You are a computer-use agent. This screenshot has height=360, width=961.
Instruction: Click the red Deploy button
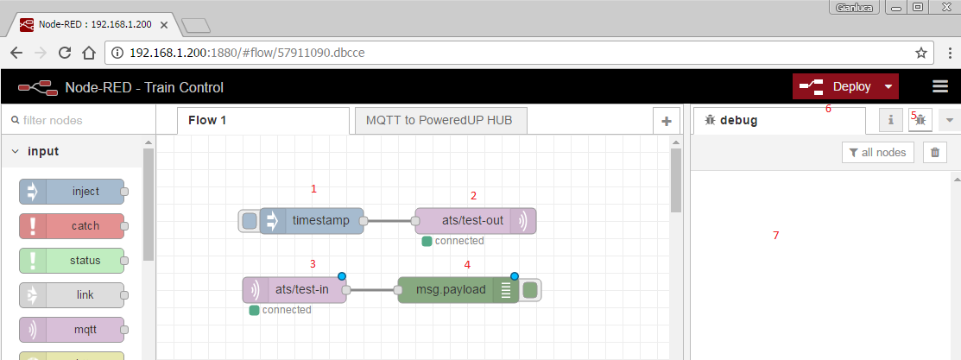(x=846, y=86)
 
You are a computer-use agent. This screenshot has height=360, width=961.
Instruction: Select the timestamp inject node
(x=312, y=221)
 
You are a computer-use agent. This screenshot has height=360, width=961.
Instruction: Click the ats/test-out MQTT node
(x=476, y=221)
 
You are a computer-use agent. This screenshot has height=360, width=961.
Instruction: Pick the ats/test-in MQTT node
(x=294, y=290)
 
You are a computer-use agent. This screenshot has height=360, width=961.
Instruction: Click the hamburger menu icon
(x=940, y=86)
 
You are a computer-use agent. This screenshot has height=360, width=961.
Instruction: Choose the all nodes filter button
(x=878, y=152)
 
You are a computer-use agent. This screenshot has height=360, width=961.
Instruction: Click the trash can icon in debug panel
(x=934, y=152)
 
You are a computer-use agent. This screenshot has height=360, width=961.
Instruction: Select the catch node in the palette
(x=72, y=225)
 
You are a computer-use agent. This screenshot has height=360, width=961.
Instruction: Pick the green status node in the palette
(x=72, y=261)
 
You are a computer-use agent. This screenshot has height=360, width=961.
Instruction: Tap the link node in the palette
(x=72, y=295)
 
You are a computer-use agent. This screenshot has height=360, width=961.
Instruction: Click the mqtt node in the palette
(x=72, y=330)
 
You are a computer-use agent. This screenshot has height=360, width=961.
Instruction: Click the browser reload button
(x=65, y=53)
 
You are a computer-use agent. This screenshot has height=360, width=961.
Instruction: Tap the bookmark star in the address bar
(x=921, y=53)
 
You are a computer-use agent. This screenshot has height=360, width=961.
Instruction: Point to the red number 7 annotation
(x=776, y=235)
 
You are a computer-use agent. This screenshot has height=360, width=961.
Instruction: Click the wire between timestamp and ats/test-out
(x=389, y=221)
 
